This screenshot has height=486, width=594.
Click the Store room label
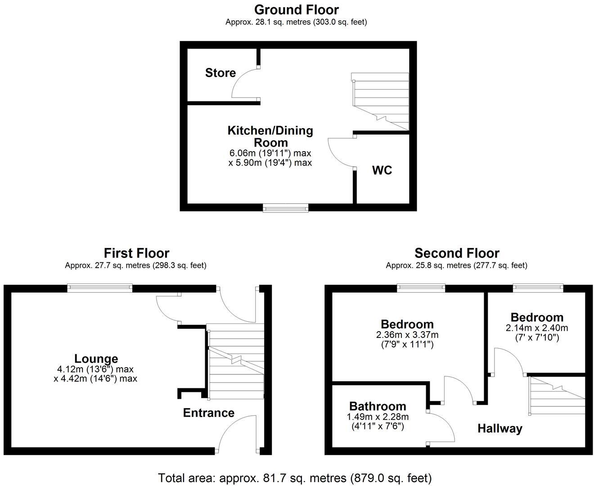[x=220, y=73]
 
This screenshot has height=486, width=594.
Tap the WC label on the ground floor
[x=382, y=170]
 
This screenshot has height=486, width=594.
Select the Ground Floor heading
[x=296, y=10]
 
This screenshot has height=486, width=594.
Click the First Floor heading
[x=137, y=253]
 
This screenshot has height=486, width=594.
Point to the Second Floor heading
[x=457, y=253]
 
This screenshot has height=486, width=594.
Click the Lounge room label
[x=96, y=359]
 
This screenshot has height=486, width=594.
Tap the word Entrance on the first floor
[x=209, y=413]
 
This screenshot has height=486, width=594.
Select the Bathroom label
[x=378, y=406]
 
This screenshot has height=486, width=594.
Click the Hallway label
[x=500, y=428]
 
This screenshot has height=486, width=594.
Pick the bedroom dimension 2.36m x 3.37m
[x=407, y=335]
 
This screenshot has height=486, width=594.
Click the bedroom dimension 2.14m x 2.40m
[x=537, y=328]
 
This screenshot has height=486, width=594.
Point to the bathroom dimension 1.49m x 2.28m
[x=378, y=417]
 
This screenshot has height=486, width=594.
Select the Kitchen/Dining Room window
[x=286, y=207]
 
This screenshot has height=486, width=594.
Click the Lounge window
[x=100, y=288]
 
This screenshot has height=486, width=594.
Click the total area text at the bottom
[x=295, y=478]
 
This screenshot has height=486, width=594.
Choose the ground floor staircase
[x=380, y=102]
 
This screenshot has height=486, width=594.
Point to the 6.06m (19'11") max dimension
[x=270, y=153]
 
